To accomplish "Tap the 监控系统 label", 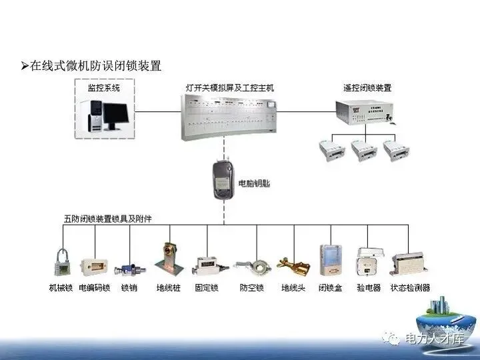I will [x=103, y=87].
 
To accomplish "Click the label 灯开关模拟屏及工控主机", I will [x=229, y=87].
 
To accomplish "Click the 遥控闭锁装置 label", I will [x=367, y=87].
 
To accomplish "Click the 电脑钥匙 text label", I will [x=257, y=182].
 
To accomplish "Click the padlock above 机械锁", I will [x=61, y=263].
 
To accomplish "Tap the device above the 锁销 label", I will [x=128, y=269].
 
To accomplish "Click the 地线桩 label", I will [x=168, y=288].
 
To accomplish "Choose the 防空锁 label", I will [x=251, y=288].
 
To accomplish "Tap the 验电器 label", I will [x=368, y=288].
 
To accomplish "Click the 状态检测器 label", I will [x=410, y=288].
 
